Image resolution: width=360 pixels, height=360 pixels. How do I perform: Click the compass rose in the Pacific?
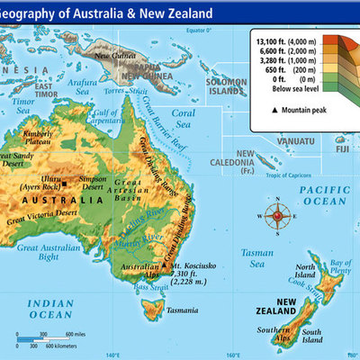click(x=277, y=216)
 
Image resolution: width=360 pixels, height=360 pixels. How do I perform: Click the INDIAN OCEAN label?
click(x=39, y=309)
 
